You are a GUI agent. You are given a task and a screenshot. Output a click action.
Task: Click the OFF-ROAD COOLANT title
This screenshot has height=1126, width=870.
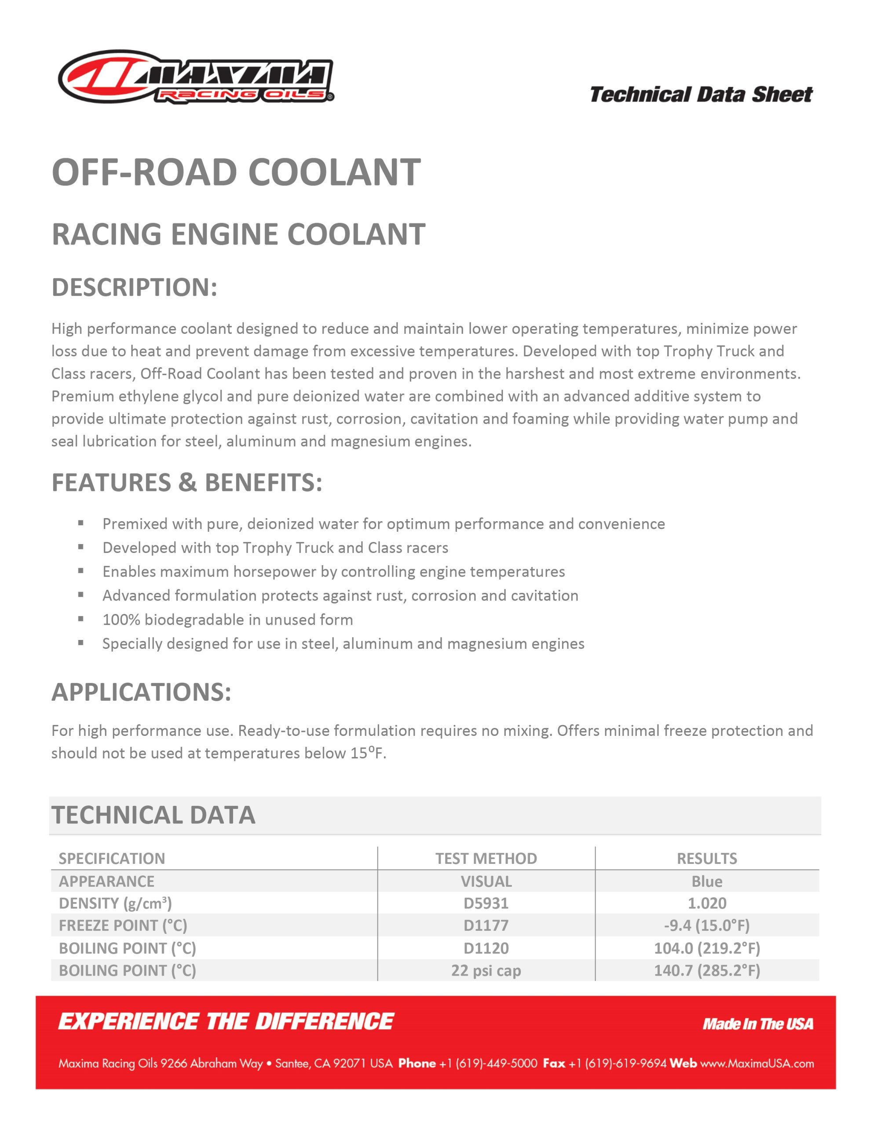click(236, 172)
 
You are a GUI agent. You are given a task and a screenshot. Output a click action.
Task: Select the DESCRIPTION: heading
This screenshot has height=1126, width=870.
click(134, 287)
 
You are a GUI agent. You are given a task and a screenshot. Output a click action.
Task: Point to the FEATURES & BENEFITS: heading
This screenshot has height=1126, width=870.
click(186, 483)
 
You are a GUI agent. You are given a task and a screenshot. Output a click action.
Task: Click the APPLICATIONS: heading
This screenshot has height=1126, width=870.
click(141, 692)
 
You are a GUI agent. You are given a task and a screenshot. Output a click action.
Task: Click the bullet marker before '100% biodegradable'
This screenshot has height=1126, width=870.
click(81, 619)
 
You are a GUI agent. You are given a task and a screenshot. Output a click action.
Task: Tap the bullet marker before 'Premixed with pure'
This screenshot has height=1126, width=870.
click(81, 523)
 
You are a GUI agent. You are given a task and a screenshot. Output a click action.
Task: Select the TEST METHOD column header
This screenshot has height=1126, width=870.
click(486, 859)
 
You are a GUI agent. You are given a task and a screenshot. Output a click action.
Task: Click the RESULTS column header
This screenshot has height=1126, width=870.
click(706, 859)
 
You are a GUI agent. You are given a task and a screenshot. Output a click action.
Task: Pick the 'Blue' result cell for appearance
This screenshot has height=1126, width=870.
click(706, 881)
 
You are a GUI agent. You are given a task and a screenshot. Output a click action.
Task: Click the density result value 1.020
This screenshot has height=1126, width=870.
click(706, 903)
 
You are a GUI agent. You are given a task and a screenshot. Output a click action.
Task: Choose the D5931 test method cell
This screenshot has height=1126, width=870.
click(486, 903)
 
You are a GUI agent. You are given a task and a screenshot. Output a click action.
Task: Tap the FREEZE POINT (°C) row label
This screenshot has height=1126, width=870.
click(123, 925)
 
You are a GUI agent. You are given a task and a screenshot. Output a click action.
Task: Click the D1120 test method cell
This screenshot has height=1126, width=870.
click(486, 948)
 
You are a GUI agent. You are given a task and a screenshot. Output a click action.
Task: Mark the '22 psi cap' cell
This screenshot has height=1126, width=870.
click(486, 970)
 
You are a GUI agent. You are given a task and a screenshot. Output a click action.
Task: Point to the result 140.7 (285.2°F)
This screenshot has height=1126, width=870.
click(706, 970)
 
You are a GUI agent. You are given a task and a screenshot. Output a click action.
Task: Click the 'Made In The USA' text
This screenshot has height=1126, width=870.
click(757, 1024)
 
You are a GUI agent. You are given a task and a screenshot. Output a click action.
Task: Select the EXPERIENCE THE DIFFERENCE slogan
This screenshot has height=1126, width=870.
click(226, 1022)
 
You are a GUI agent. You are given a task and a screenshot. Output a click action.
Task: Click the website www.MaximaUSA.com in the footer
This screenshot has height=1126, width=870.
click(757, 1064)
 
